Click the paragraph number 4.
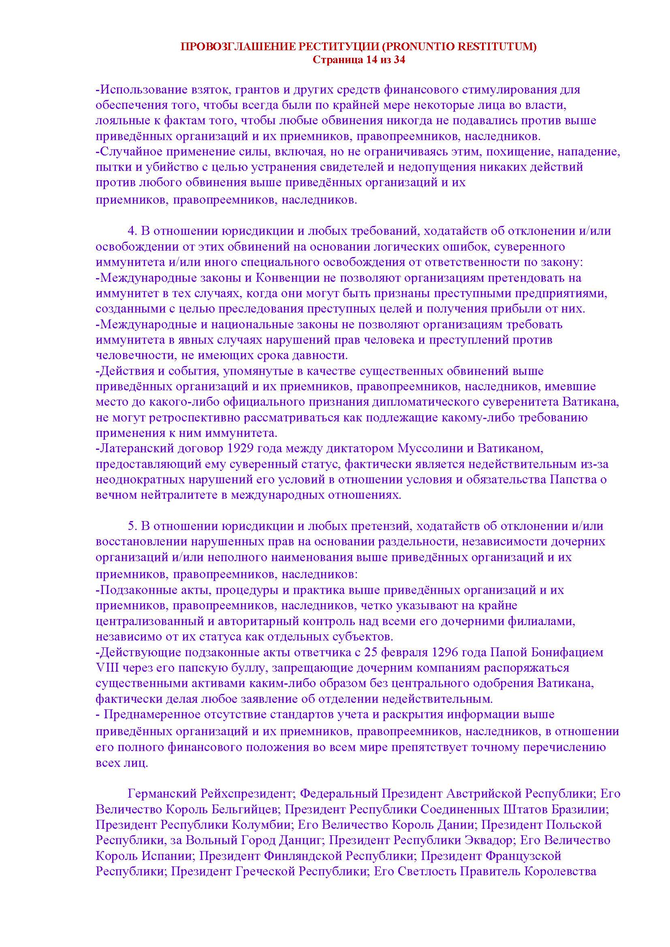coord(131,231)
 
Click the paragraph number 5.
coord(131,526)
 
